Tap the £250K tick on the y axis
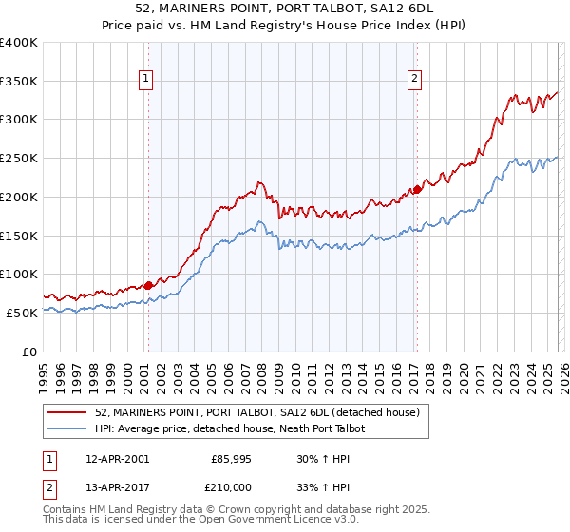click(x=19, y=158)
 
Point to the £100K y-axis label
click(x=19, y=274)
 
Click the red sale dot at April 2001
click(x=148, y=284)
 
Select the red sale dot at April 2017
click(x=416, y=189)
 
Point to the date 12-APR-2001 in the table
click(x=117, y=458)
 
